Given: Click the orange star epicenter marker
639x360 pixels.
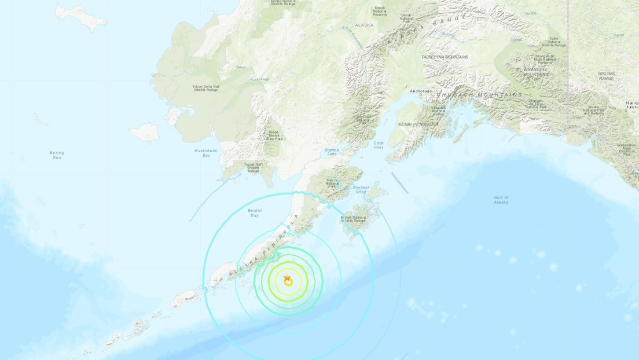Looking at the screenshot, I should click(x=287, y=280).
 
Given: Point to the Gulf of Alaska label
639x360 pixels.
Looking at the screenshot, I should click(x=501, y=200).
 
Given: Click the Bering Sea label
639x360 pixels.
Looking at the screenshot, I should click(x=56, y=155).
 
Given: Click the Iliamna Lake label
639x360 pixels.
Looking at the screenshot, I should click(x=329, y=152).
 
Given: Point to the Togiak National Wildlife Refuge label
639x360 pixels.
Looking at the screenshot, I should click(x=252, y=167).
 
